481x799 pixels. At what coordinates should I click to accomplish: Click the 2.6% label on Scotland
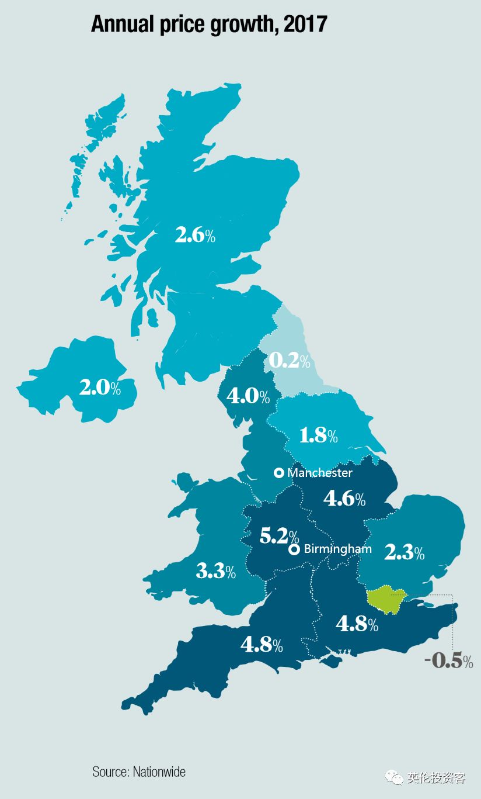coord(195,236)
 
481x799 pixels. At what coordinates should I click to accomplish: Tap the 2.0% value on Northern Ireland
coord(100,388)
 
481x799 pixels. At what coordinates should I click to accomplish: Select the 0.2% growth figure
coord(290,361)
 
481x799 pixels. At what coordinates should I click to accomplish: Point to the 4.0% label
coord(248,396)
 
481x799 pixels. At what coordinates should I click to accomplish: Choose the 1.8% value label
coord(318,435)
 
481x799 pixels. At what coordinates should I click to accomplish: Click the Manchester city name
coord(320,472)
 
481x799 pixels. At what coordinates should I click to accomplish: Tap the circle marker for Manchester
coord(279,472)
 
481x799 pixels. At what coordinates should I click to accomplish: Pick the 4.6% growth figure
coord(344,499)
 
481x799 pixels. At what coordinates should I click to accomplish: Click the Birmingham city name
coord(337,549)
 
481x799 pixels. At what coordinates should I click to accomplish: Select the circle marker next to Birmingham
coord(294,549)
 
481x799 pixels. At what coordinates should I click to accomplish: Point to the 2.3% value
coord(404,552)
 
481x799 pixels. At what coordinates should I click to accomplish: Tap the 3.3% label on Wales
coord(215,571)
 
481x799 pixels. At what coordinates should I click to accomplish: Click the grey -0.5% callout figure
coord(449,660)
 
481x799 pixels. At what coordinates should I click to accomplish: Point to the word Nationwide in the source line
coord(159,772)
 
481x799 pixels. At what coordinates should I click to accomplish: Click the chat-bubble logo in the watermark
coord(397,778)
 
